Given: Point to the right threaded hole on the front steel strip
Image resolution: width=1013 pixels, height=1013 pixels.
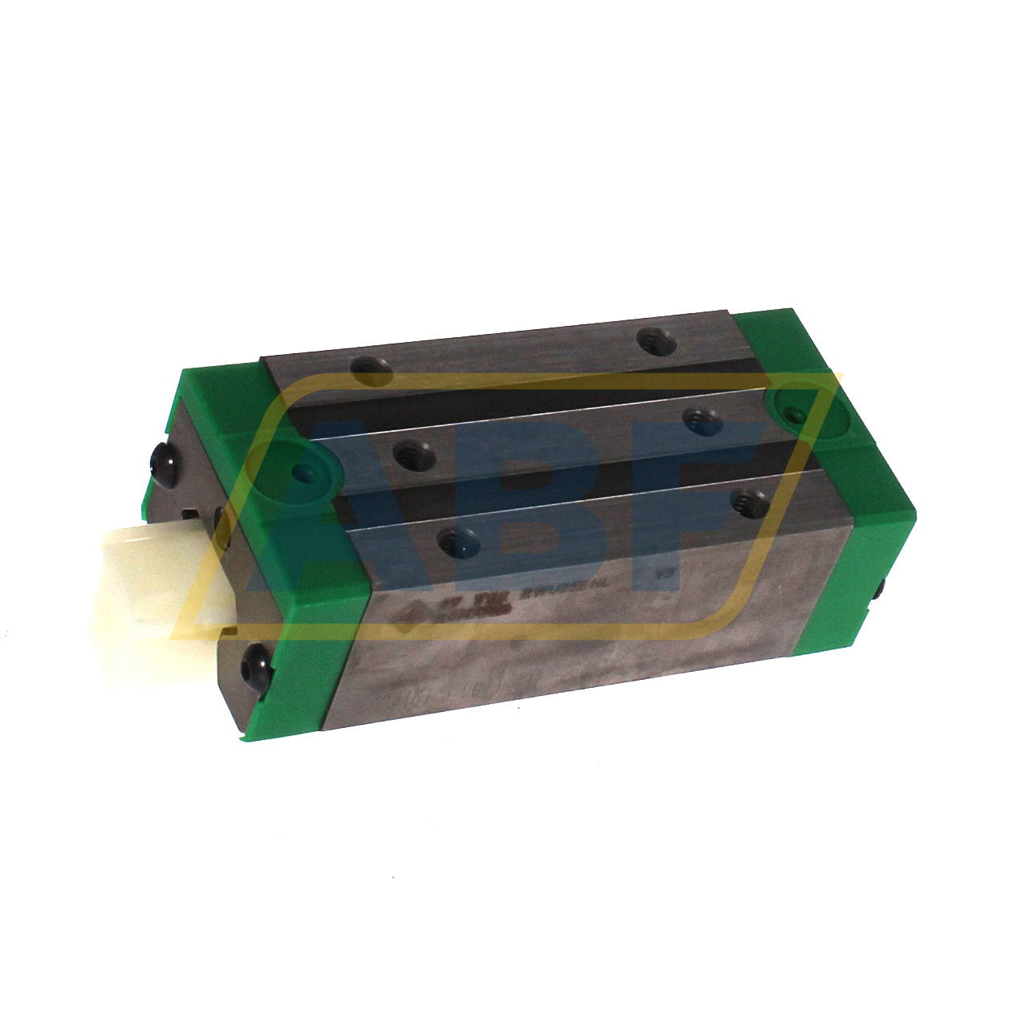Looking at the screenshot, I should (750, 503).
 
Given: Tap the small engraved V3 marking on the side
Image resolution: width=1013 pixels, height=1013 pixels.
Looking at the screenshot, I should (664, 575).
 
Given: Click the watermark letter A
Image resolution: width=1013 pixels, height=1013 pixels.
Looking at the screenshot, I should (353, 522).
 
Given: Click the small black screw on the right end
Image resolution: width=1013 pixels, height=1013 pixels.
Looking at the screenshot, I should (883, 590).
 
